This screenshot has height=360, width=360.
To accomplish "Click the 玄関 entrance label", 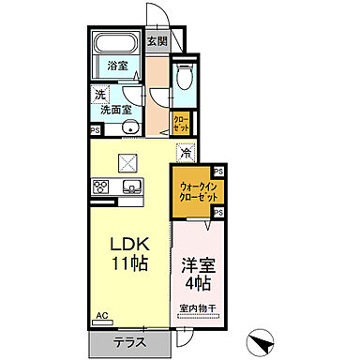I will [x=157, y=41].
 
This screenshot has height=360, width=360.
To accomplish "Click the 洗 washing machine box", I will [x=99, y=94].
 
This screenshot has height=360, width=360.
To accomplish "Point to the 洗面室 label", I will [x=117, y=110].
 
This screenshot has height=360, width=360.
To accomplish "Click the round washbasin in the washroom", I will [x=131, y=129].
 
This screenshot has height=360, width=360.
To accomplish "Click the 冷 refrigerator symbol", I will [x=186, y=153].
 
